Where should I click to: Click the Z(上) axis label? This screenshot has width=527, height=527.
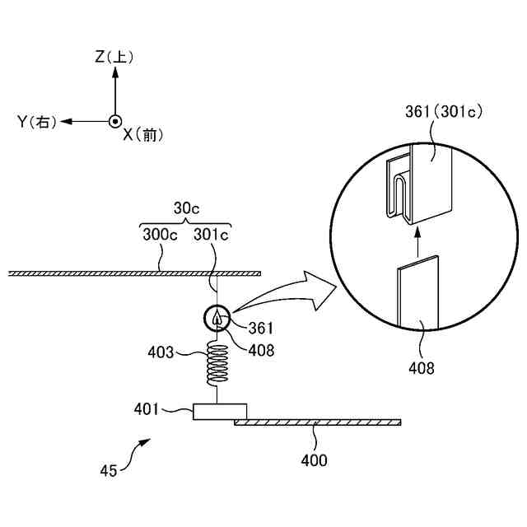point(114,57)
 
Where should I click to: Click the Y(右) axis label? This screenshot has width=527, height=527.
point(36,121)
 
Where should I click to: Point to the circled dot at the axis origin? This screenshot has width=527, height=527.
point(115,121)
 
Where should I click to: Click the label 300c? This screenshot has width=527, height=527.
point(160,236)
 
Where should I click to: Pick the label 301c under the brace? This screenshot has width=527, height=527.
point(212,236)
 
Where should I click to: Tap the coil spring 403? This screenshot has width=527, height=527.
point(217,364)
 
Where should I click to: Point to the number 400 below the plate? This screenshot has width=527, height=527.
point(314,459)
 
